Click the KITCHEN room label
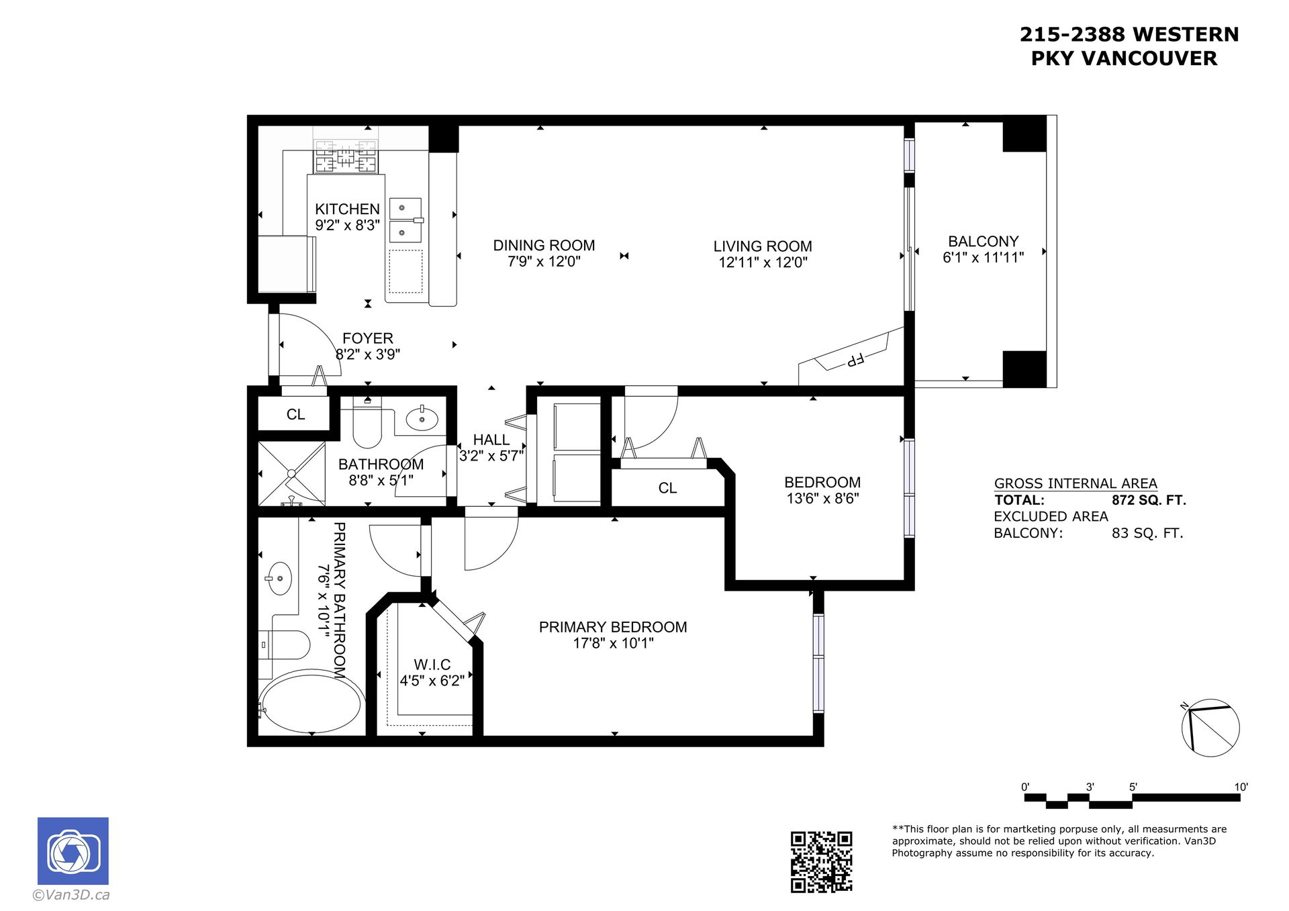pyautogui.click(x=347, y=209)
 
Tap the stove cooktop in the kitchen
pyautogui.click(x=346, y=157)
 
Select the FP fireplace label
pyautogui.click(x=855, y=360)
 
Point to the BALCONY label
pyautogui.click(x=983, y=241)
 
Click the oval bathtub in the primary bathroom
pyautogui.click(x=312, y=703)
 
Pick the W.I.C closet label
pyautogui.click(x=432, y=665)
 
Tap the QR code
pyautogui.click(x=821, y=861)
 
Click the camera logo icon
pyautogui.click(x=73, y=851)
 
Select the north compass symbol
pyautogui.click(x=1210, y=728)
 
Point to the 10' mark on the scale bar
pyautogui.click(x=1241, y=787)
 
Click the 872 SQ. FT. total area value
pyautogui.click(x=1149, y=500)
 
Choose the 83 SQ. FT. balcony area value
pyautogui.click(x=1147, y=534)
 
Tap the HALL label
pyautogui.click(x=491, y=440)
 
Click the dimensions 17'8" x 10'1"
pyautogui.click(x=613, y=643)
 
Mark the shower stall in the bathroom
pyautogui.click(x=292, y=473)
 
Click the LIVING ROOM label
pyautogui.click(x=763, y=246)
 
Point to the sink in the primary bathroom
pyautogui.click(x=279, y=578)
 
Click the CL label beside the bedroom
pyautogui.click(x=667, y=488)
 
